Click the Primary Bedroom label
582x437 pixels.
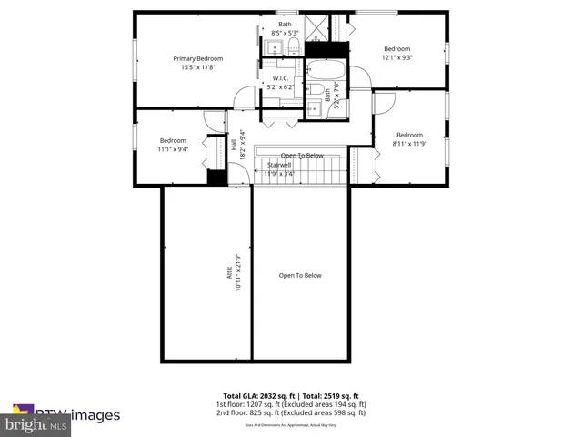click(198, 58)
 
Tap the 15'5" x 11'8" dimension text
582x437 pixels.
click(198, 67)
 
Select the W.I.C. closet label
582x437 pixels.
click(280, 78)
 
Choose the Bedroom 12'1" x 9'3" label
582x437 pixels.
click(396, 49)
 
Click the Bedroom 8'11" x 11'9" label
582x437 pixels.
click(408, 135)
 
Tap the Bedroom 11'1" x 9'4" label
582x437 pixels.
click(173, 140)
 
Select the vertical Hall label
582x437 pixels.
click(234, 144)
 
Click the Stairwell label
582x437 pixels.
click(279, 165)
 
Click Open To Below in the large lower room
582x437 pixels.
click(300, 275)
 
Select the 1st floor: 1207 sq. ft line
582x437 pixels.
click(291, 404)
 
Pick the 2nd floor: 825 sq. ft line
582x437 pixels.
click(291, 412)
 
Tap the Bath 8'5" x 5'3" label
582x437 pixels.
click(286, 27)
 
